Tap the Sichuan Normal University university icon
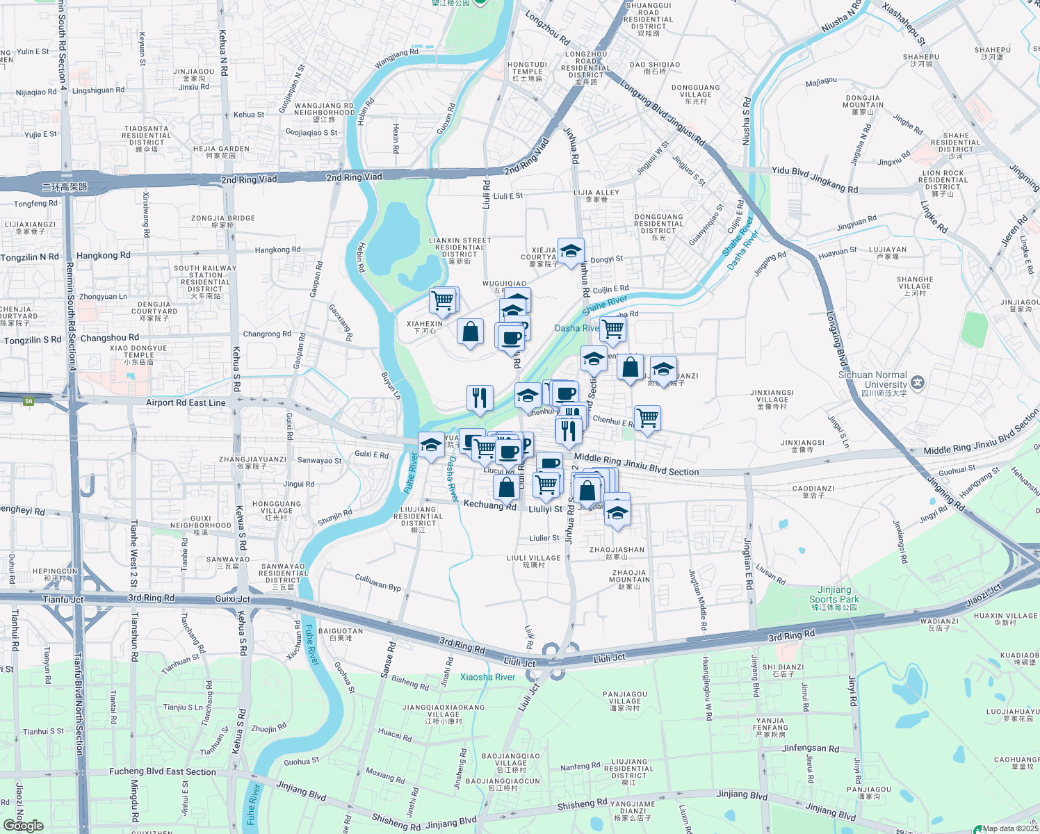[918, 383]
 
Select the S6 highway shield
[29, 401]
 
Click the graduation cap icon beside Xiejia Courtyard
[571, 252]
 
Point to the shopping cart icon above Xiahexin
[443, 301]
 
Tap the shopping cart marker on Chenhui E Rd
[647, 418]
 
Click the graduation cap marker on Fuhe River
[431, 445]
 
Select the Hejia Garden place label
[221, 152]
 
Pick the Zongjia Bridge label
[223, 221]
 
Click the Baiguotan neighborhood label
[341, 634]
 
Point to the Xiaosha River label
[487, 677]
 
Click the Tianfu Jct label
[63, 599]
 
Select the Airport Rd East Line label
[186, 402]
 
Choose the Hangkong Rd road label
[103, 256]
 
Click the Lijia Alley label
[596, 195]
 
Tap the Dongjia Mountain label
[863, 105]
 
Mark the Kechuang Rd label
[489, 505]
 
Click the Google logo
[23, 826]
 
